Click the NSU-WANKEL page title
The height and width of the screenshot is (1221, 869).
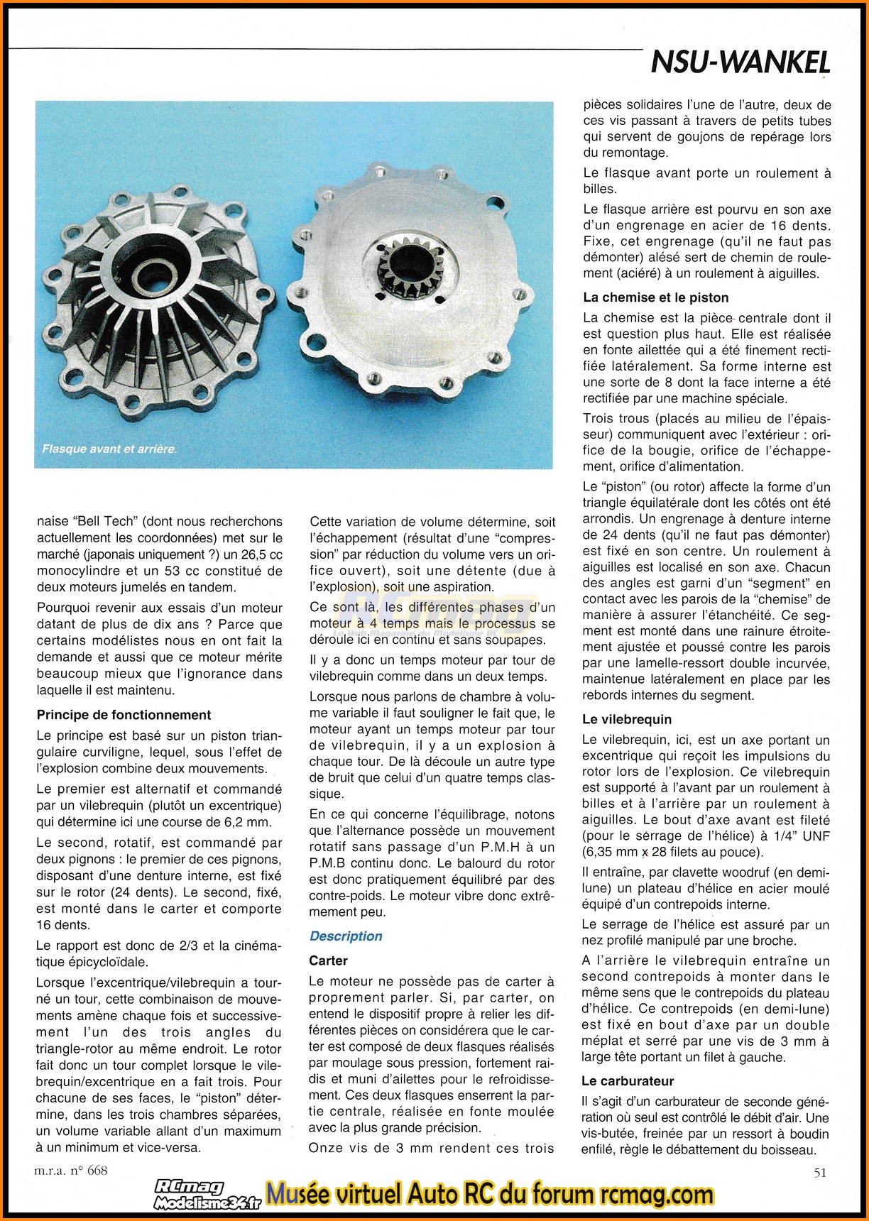[x=740, y=63]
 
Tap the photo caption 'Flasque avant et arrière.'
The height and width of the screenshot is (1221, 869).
[x=109, y=449]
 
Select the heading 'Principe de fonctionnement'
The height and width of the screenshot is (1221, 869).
[x=124, y=715]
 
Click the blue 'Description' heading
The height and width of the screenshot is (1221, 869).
[x=346, y=936]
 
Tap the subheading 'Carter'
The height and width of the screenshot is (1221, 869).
[x=328, y=960]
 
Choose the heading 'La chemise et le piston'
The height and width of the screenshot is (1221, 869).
[x=655, y=297]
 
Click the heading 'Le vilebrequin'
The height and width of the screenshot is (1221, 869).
[x=626, y=719]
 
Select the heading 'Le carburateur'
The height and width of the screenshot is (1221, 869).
[x=628, y=1081]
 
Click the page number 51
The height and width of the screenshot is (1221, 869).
[x=819, y=1172]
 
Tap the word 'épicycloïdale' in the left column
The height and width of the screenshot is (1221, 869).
[x=105, y=962]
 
